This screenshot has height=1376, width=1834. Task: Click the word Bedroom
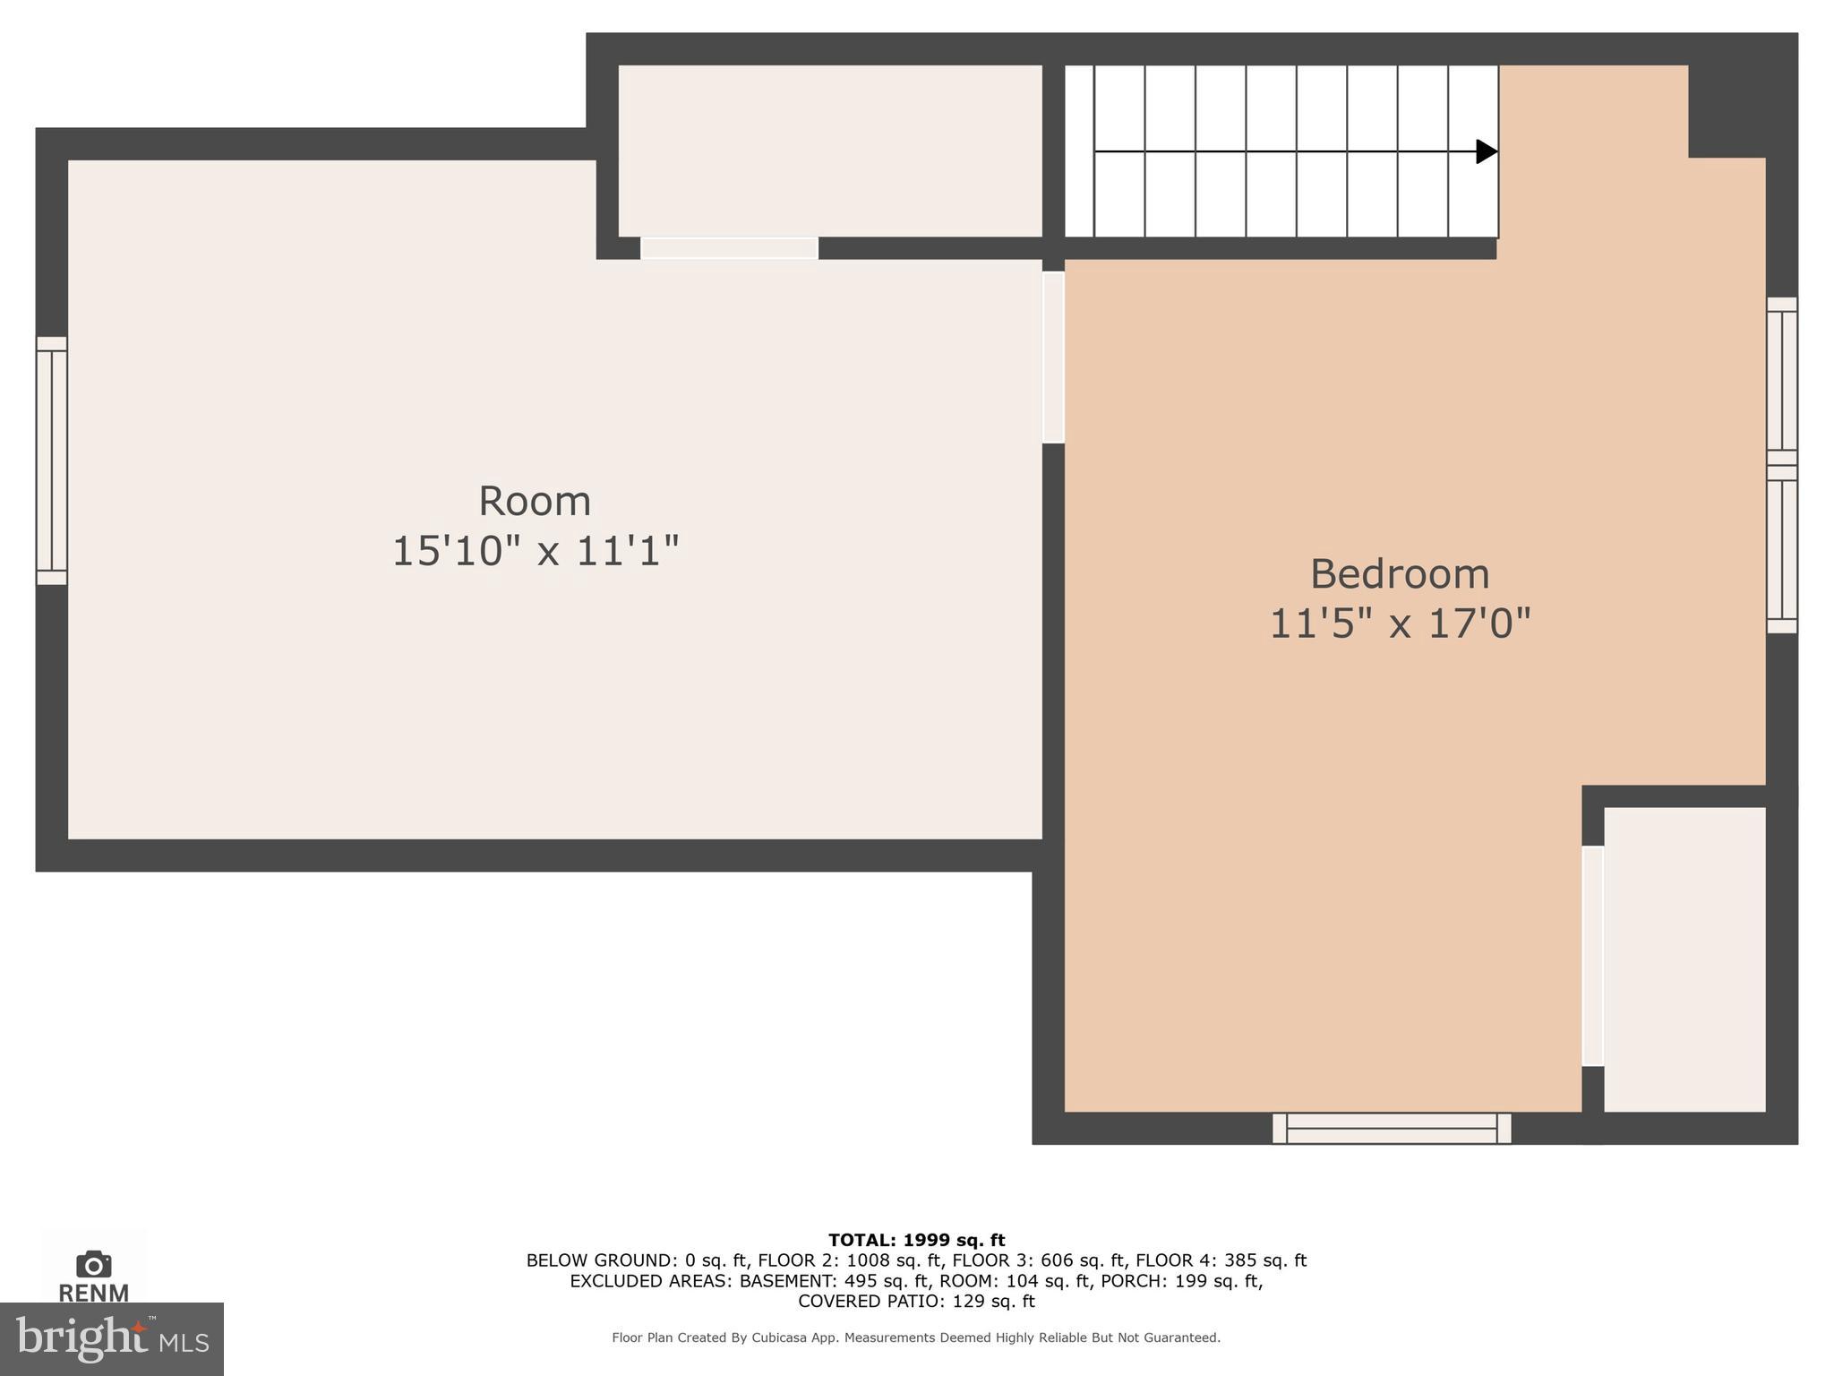pyautogui.click(x=1399, y=574)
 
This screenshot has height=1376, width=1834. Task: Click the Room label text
pyautogui.click(x=535, y=501)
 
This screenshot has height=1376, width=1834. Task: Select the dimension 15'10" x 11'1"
pyautogui.click(x=536, y=550)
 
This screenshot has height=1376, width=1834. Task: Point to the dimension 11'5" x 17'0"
pyautogui.click(x=1400, y=623)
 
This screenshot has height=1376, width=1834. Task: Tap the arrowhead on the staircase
pyautogui.click(x=1486, y=151)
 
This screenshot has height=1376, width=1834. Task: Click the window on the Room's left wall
pyautogui.click(x=52, y=460)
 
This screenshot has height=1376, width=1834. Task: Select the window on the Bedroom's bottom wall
pyautogui.click(x=1392, y=1128)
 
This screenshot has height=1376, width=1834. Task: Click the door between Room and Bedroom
pyautogui.click(x=1053, y=357)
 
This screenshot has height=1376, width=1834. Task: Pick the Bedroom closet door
pyautogui.click(x=1592, y=956)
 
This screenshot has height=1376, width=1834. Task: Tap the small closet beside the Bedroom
pyautogui.click(x=1684, y=959)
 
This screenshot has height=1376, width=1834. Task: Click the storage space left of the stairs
pyautogui.click(x=829, y=150)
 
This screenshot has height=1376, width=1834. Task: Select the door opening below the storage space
pyautogui.click(x=729, y=248)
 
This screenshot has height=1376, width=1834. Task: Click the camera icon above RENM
pyautogui.click(x=93, y=1264)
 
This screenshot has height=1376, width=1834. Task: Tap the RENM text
pyautogui.click(x=93, y=1293)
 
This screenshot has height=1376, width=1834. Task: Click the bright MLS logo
pyautogui.click(x=112, y=1338)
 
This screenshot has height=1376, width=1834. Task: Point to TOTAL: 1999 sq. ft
pyautogui.click(x=916, y=1240)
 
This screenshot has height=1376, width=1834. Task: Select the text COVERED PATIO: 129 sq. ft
pyautogui.click(x=916, y=1301)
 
